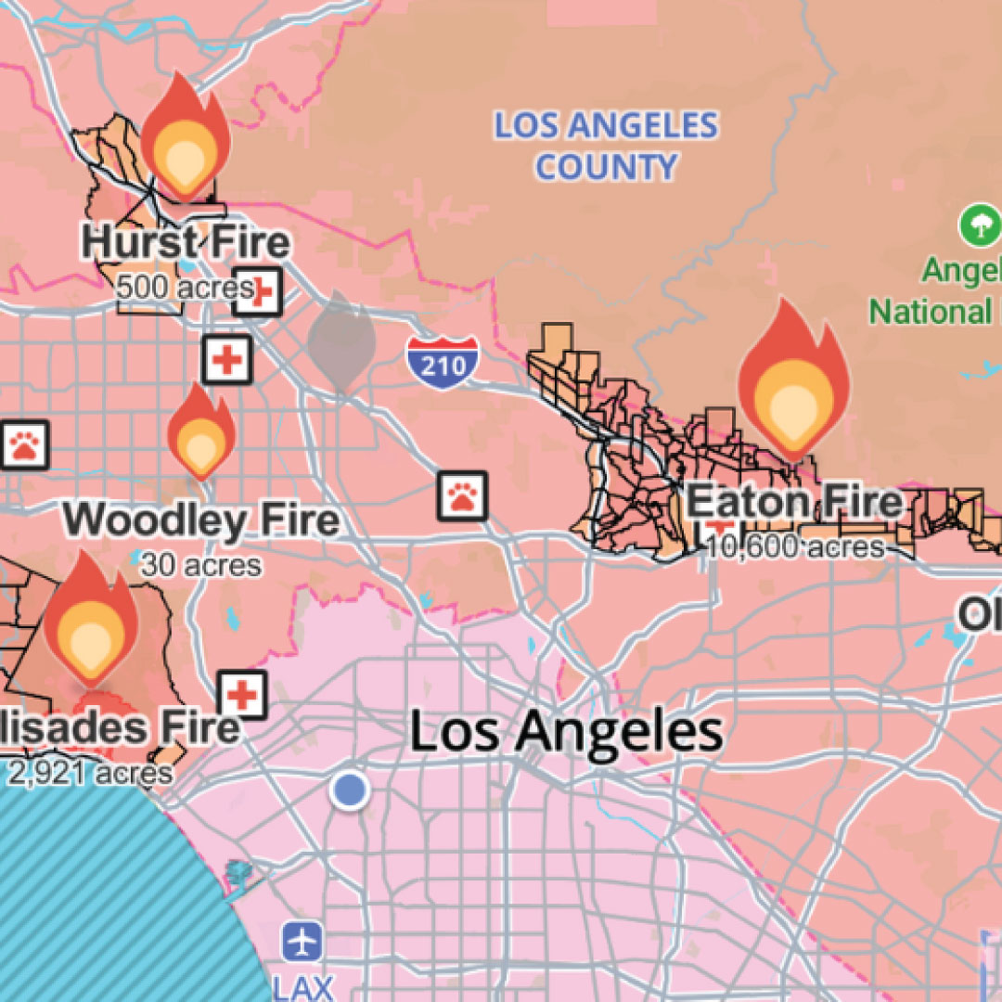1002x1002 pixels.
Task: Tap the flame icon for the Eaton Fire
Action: click(793, 380)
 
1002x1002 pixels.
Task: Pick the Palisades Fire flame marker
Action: click(90, 616)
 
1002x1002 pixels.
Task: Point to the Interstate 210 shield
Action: click(443, 359)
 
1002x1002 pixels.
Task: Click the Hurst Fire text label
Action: click(186, 243)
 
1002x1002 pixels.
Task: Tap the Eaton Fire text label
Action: click(794, 503)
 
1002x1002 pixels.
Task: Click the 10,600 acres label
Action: click(794, 546)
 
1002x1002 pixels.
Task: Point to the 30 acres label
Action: click(200, 564)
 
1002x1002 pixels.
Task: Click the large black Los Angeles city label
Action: click(566, 732)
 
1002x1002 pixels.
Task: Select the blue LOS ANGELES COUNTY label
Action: click(606, 147)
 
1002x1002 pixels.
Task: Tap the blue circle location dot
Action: click(350, 790)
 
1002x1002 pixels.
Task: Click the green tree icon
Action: click(980, 225)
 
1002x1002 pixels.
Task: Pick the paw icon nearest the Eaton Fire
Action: click(462, 495)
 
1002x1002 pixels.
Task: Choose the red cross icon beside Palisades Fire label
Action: click(243, 694)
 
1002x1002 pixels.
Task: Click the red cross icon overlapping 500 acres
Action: click(257, 291)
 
